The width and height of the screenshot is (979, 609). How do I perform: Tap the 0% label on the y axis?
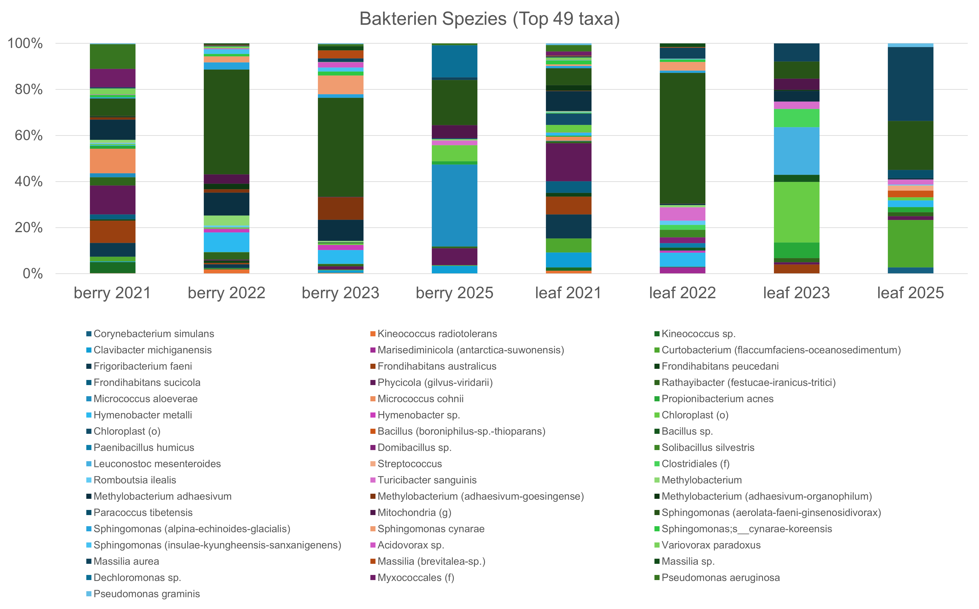point(33,274)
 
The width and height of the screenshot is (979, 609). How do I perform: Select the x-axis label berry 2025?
point(454,293)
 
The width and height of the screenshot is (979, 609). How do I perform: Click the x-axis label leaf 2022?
point(682,293)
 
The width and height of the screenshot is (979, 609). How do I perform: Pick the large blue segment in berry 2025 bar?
point(454,205)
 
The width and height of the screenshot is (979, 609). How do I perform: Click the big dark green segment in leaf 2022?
point(682,138)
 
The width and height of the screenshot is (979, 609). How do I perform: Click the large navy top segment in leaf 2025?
point(910,84)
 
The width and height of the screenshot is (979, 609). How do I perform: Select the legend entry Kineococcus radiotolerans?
point(434,334)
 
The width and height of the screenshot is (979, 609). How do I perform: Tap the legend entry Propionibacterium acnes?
point(714,399)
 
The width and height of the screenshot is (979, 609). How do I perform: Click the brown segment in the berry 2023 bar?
point(341,208)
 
